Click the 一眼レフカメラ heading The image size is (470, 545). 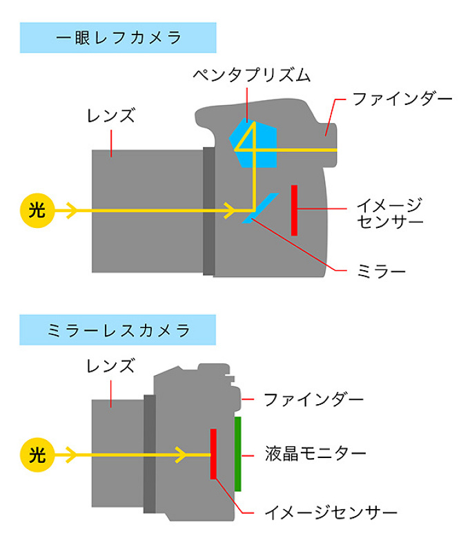118,38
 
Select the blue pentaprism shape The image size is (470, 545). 255,144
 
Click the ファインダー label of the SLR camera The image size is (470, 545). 402,99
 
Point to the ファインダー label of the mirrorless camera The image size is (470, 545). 314,399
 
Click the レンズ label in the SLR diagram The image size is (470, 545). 110,115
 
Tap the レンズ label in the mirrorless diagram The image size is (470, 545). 110,365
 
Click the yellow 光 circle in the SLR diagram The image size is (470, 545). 37,210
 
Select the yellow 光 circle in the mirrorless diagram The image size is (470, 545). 37,455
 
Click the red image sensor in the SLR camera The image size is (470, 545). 295,210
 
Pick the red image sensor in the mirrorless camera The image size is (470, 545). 213,454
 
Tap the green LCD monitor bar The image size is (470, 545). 238,454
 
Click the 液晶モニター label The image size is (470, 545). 315,454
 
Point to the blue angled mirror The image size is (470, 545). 260,207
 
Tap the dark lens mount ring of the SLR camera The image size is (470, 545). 208,211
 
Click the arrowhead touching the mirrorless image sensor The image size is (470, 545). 182,455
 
